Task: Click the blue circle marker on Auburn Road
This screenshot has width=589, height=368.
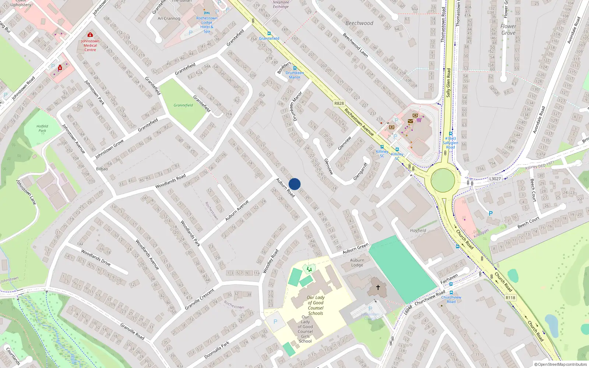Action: [x=294, y=184]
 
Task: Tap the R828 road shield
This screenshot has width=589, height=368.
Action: [x=339, y=103]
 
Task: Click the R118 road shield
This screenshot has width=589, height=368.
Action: [x=510, y=298]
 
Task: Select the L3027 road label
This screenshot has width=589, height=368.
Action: [x=495, y=179]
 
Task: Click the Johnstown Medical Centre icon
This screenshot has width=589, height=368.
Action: [x=90, y=35]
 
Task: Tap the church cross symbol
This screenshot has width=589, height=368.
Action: [x=378, y=287]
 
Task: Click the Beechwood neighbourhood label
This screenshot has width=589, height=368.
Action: [x=359, y=23]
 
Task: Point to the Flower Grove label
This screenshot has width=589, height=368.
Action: [x=508, y=29]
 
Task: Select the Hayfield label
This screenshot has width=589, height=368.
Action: [x=418, y=231]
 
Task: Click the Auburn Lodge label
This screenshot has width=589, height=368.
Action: [x=357, y=262]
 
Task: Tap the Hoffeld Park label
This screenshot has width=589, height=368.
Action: [x=42, y=128]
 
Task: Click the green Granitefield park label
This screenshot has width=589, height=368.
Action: [x=183, y=105]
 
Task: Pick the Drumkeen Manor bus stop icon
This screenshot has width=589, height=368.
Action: [x=294, y=68]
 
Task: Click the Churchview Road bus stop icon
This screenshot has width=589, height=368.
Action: [x=451, y=293]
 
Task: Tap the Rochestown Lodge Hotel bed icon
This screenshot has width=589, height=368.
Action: [x=207, y=13]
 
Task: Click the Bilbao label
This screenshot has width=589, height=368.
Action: [x=102, y=169]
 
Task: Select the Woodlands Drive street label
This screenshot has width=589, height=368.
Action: [x=96, y=258]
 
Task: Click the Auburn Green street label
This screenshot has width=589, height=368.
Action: [x=355, y=249]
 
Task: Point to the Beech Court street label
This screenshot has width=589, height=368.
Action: [x=528, y=222]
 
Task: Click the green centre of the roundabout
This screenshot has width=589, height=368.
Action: [x=443, y=180]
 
